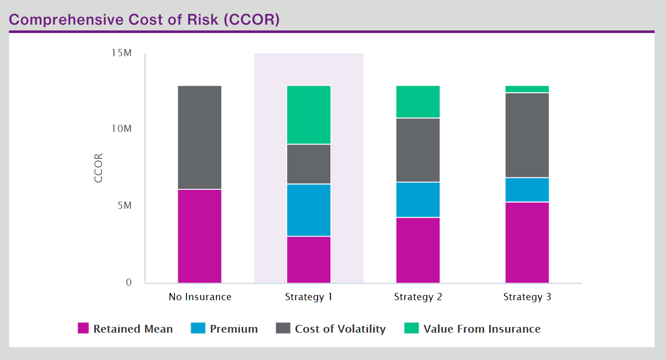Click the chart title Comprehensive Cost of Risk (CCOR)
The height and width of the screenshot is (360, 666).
pos(144,20)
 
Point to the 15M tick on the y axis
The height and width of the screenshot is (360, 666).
pos(122,53)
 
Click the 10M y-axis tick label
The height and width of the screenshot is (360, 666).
pos(122,129)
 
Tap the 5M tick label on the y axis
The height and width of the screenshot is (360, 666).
pos(124,206)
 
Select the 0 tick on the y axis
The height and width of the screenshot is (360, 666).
pos(129,282)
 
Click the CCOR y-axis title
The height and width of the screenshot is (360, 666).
pos(98,168)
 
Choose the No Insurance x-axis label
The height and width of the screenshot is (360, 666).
pos(200,297)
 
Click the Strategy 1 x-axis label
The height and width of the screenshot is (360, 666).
pos(309,297)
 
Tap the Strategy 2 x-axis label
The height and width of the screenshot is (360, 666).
pos(418,297)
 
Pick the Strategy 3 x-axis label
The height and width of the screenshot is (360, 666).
pos(527,297)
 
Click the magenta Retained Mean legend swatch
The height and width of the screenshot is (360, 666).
pos(84,329)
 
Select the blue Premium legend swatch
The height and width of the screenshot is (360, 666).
pos(198,329)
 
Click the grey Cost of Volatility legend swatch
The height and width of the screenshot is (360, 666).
pos(283,329)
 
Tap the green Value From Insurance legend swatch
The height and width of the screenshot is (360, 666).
pos(411,329)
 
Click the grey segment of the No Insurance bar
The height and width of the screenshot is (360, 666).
pos(199,137)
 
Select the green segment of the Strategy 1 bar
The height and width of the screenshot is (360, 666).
pos(309,114)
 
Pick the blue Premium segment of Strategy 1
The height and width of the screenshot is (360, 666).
pos(309,210)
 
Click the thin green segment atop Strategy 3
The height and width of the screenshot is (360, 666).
pos(527,89)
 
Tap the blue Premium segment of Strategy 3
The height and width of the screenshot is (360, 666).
pos(527,190)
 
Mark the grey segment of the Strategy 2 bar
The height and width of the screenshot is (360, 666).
pos(418,150)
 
